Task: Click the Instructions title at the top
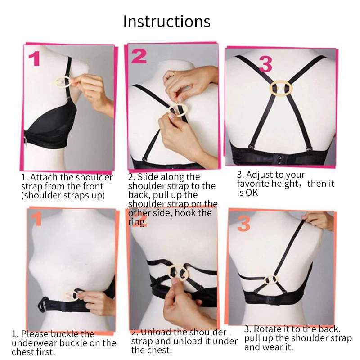pos(166,21)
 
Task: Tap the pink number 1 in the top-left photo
pos(35,59)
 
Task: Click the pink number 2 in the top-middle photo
pos(139,56)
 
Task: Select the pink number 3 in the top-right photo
pos(265,64)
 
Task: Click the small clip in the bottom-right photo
pos(271,279)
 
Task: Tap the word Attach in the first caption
pos(44,177)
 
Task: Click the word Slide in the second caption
pos(148,177)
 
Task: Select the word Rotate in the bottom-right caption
pos(268,329)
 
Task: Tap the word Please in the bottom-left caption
pos(35,334)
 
